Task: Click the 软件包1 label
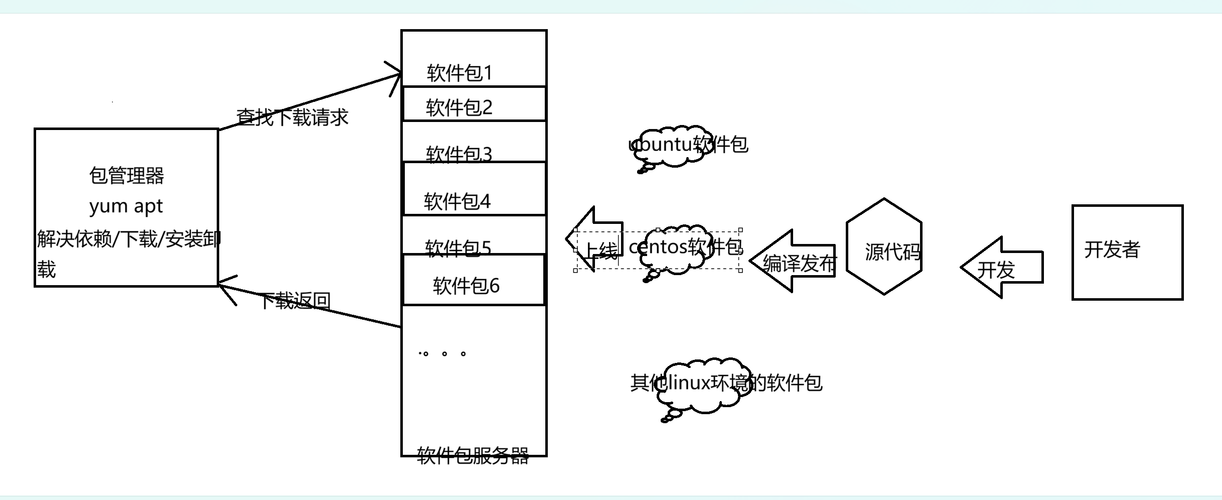[x=460, y=73]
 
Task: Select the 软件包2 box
[x=474, y=104]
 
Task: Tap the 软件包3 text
[x=459, y=154]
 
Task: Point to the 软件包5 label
[x=457, y=248]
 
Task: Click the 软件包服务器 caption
[x=473, y=456]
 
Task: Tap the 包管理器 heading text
[x=126, y=176]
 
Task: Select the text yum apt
[x=126, y=206]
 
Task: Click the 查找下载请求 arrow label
[x=292, y=117]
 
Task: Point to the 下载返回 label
[x=295, y=301]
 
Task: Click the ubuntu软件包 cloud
[x=670, y=147]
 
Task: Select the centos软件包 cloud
[x=677, y=249]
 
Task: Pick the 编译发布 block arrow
[x=796, y=262]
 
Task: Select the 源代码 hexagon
[x=884, y=246]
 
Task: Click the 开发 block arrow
[x=1003, y=268]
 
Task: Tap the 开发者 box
[x=1127, y=252]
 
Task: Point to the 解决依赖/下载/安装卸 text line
[x=128, y=239]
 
